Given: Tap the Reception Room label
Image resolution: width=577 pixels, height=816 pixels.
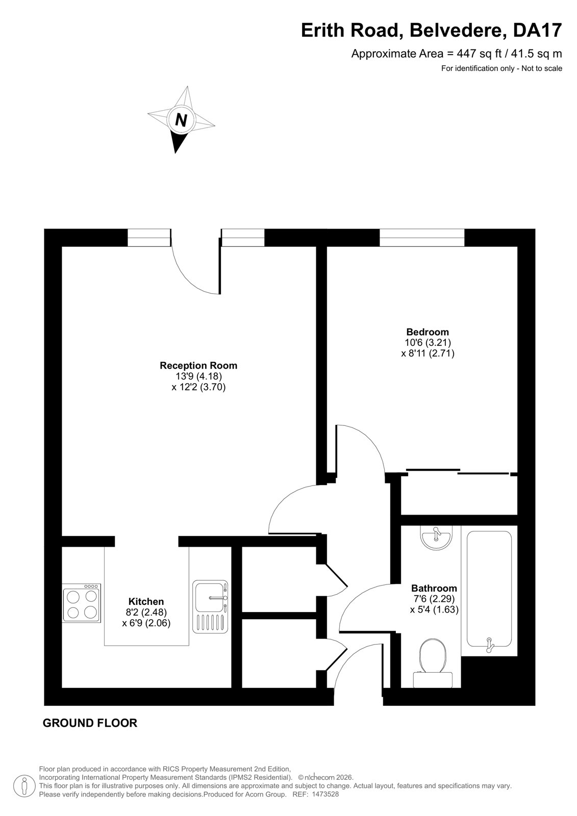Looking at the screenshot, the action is (198, 365).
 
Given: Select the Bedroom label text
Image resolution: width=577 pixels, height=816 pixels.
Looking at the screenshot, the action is (428, 332).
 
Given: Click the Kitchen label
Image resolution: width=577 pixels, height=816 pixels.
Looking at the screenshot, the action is (146, 601).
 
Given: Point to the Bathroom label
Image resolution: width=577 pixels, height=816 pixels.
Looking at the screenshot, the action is (434, 588).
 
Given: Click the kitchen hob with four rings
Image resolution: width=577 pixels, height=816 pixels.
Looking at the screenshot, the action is (82, 602).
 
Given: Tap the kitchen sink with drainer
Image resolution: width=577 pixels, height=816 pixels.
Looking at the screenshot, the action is (210, 606).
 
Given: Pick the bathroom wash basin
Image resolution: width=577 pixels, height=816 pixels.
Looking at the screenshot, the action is (436, 537).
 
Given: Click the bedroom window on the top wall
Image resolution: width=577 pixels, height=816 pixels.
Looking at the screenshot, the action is (422, 238).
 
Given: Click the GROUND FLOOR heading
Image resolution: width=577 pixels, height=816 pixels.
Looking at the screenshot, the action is (90, 723).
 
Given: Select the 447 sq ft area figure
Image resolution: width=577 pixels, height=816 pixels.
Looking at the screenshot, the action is (475, 54).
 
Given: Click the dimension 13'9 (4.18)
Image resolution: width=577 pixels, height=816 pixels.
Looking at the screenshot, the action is (198, 376).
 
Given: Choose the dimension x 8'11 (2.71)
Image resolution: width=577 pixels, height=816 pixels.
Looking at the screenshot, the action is (428, 353).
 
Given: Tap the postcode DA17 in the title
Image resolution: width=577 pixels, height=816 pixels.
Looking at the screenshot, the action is (537, 31).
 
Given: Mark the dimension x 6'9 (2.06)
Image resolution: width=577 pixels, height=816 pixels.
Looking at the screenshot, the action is (146, 623).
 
